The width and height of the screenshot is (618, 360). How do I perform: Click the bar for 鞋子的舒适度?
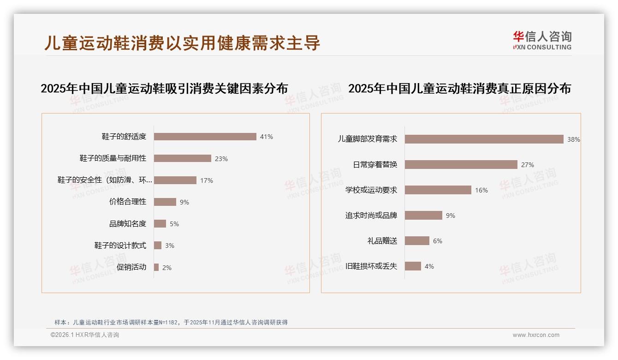[205, 137]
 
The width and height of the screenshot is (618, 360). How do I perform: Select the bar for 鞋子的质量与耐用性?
[182, 158]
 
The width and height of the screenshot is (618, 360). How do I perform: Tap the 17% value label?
[207, 180]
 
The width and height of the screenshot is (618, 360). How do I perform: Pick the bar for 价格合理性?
[165, 202]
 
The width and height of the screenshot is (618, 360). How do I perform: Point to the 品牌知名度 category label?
[128, 224]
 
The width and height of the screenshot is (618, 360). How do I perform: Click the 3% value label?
[170, 246]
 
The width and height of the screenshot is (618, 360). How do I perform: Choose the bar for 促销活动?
[156, 267]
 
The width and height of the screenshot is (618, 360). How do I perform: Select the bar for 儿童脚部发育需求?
[484, 139]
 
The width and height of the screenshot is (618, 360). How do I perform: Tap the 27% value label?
[528, 165]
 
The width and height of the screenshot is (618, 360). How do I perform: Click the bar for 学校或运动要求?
[438, 190]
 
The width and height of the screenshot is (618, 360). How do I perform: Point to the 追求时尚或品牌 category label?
[371, 216]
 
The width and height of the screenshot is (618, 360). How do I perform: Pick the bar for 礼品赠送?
[417, 241]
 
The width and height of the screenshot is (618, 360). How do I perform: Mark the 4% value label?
[429, 266]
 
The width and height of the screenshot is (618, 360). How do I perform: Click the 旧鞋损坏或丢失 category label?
[371, 266]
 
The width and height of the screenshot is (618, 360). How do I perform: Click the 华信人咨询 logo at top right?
[542, 41]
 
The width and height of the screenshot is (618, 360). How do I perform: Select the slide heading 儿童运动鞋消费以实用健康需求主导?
[182, 43]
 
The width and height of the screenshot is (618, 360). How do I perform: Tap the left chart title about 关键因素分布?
[164, 89]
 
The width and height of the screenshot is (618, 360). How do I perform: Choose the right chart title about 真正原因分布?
[459, 89]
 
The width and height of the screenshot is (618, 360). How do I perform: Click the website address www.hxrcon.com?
[536, 335]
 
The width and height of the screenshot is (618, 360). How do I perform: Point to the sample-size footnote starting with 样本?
[171, 322]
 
